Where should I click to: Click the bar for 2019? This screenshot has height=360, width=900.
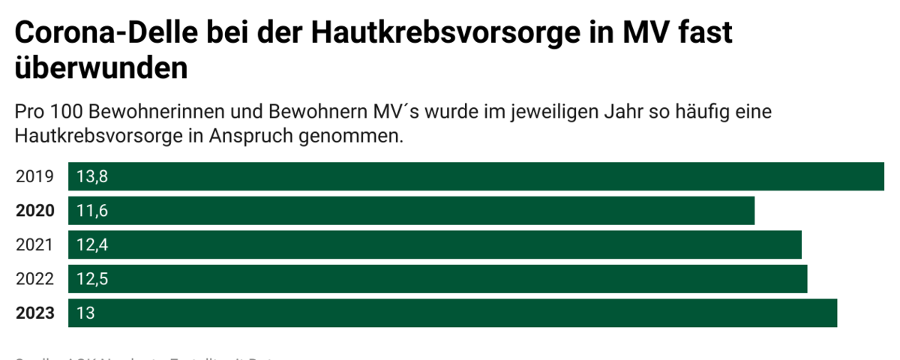[x=476, y=177]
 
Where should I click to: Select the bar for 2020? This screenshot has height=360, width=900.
[x=411, y=211]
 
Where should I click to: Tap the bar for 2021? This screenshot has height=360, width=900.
[x=435, y=244]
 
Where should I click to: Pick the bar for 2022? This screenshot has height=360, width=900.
[x=437, y=279]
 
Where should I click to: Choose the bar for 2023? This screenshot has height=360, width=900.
[x=452, y=313]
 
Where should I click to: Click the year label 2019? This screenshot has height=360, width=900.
[x=34, y=177]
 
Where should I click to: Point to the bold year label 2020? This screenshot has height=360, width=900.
[x=35, y=211]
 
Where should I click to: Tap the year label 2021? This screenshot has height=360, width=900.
[x=34, y=244]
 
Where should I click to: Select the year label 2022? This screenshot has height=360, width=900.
[x=34, y=279]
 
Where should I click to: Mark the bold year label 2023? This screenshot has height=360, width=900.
[x=35, y=313]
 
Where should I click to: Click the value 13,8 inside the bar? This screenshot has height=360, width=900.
[x=93, y=177]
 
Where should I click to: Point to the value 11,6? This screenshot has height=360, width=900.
[x=92, y=211]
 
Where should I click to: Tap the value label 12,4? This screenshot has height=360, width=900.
[x=93, y=244]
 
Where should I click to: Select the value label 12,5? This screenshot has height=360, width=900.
[x=93, y=279]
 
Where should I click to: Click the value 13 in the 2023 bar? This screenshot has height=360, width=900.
[x=85, y=313]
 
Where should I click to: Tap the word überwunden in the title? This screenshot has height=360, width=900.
[x=100, y=68]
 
